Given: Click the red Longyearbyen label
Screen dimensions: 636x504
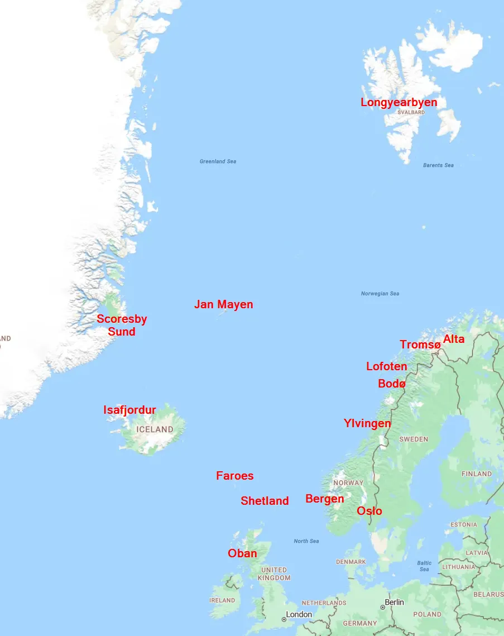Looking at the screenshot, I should click(x=399, y=103).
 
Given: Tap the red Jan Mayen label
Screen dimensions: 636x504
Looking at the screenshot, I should click(x=223, y=304).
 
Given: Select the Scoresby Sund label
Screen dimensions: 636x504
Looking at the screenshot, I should click(x=122, y=326).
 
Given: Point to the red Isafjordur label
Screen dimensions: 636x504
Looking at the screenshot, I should click(x=129, y=410).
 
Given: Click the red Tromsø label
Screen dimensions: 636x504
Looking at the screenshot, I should click(x=420, y=345).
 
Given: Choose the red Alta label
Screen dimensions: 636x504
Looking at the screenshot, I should click(x=453, y=339).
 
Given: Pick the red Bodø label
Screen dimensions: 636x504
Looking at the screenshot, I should click(x=392, y=384).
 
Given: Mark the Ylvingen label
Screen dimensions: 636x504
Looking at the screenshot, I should click(x=367, y=423).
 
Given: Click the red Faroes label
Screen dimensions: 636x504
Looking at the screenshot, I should click(x=234, y=476).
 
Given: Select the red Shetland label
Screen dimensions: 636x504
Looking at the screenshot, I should click(x=265, y=501).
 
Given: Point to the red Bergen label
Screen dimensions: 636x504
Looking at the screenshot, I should click(x=324, y=499).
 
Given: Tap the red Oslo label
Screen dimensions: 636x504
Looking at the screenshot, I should click(x=369, y=511).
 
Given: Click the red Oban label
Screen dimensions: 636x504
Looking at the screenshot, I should click(x=242, y=553).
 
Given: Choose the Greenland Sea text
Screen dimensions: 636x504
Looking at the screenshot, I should click(x=218, y=161).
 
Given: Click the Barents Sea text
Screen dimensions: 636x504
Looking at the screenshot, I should click(x=438, y=165).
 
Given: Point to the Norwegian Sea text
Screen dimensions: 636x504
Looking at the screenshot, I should click(x=380, y=294).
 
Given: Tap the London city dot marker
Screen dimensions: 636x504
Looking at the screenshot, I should click(x=284, y=619).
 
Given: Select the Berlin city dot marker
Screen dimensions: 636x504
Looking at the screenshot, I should click(x=382, y=607).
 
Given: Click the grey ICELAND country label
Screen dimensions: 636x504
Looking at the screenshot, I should click(x=155, y=429).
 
